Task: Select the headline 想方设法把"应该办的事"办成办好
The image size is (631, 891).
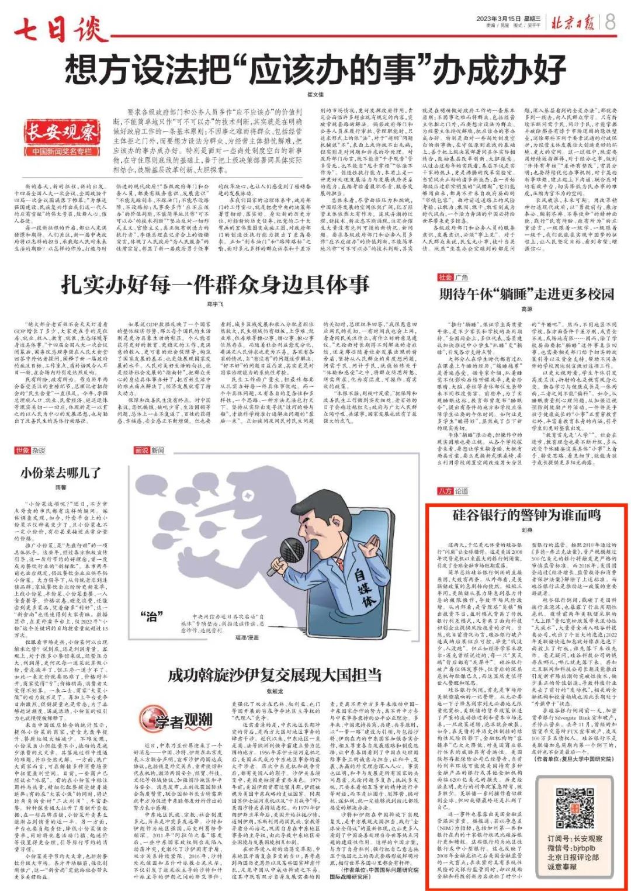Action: [x=315, y=70]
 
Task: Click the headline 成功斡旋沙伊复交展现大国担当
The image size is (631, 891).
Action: [x=275, y=675]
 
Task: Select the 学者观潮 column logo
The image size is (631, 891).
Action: [x=176, y=720]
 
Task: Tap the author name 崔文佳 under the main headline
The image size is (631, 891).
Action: [x=315, y=95]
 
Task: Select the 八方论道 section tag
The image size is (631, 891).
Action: [x=453, y=491]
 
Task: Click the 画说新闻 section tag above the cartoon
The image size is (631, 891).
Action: [x=149, y=450]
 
